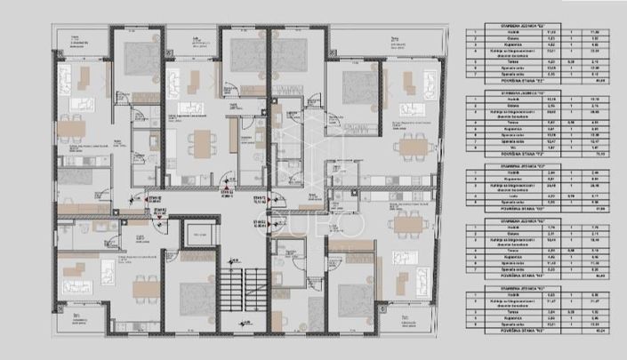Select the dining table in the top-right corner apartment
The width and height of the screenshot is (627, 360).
[413, 147]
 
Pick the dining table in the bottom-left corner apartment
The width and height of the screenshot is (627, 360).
[143, 288]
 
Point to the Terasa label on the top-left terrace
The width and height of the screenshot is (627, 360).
[69, 39]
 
